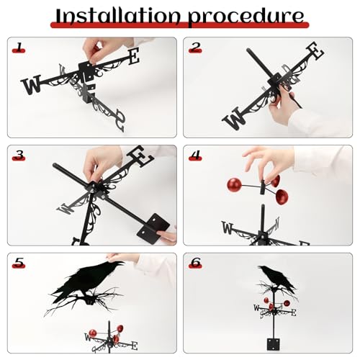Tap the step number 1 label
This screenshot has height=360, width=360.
pos(19,48)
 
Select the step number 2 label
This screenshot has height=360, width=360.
pos(195,48)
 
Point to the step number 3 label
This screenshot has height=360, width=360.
pos(19,155)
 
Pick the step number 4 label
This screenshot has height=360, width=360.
pos(195,155)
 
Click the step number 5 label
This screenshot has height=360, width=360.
pos(19,263)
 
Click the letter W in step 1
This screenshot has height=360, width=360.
pos(32,86)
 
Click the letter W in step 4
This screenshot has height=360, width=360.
pos(228,230)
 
